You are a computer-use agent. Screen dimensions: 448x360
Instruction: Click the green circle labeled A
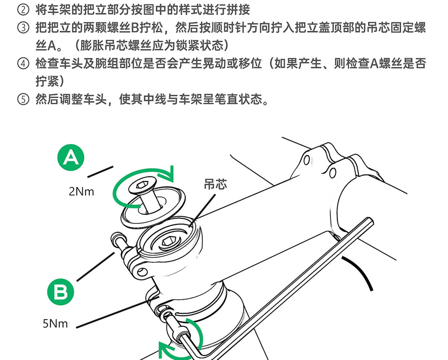[70, 157]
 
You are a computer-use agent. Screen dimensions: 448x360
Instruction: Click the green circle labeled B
[60, 292]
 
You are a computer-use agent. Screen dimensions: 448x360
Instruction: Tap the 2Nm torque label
[81, 192]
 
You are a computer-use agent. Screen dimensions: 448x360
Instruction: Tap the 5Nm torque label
[55, 324]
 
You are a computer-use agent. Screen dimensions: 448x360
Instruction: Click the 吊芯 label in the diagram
[215, 184]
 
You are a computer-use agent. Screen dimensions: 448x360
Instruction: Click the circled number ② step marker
[23, 10]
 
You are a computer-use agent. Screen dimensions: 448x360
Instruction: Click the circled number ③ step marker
[23, 28]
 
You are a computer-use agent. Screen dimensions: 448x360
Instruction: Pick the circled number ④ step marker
[23, 63]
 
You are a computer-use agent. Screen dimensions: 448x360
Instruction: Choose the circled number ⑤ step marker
[23, 99]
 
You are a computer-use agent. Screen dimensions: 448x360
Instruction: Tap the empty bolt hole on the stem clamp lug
[141, 271]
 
